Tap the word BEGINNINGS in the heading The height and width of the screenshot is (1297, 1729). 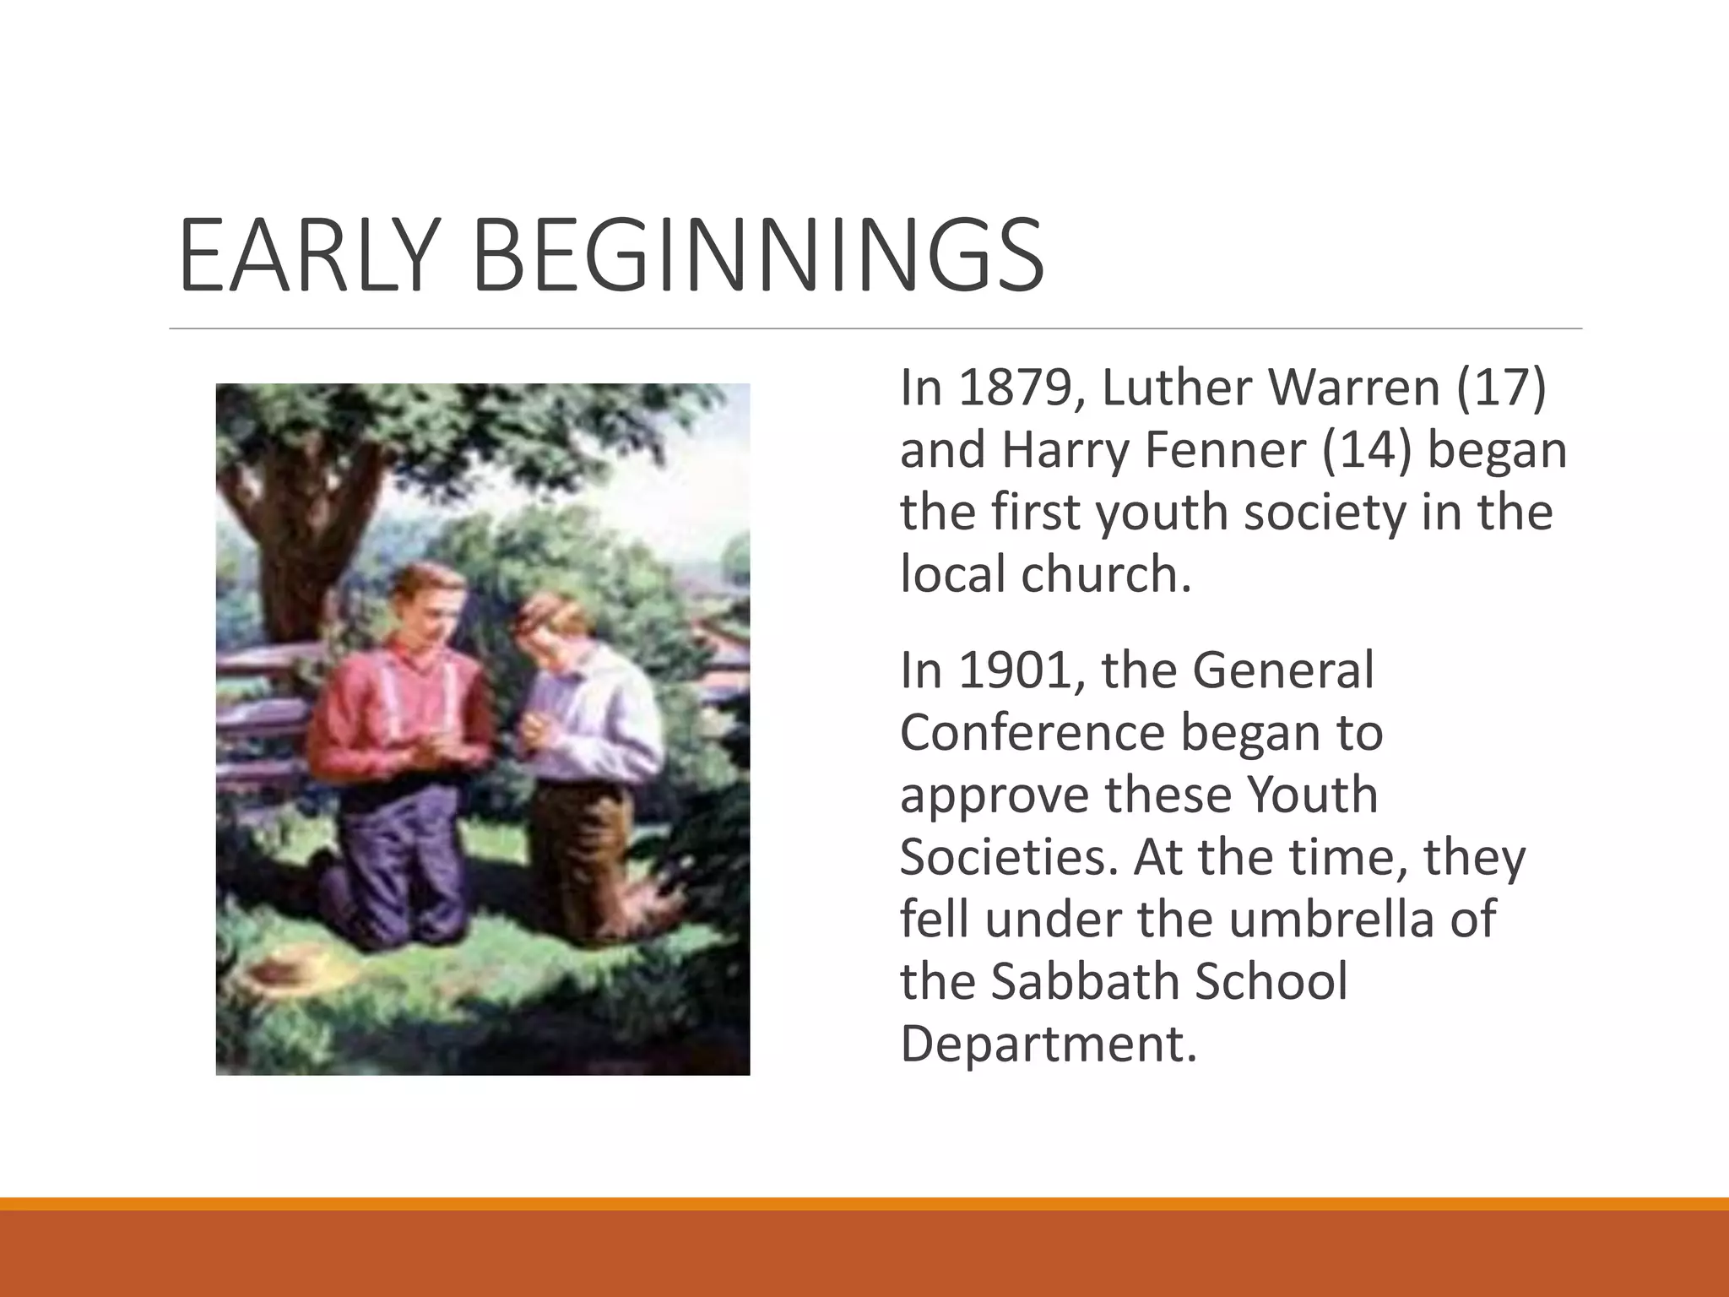click(x=760, y=255)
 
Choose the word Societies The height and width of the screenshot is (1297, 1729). click(x=1009, y=857)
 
